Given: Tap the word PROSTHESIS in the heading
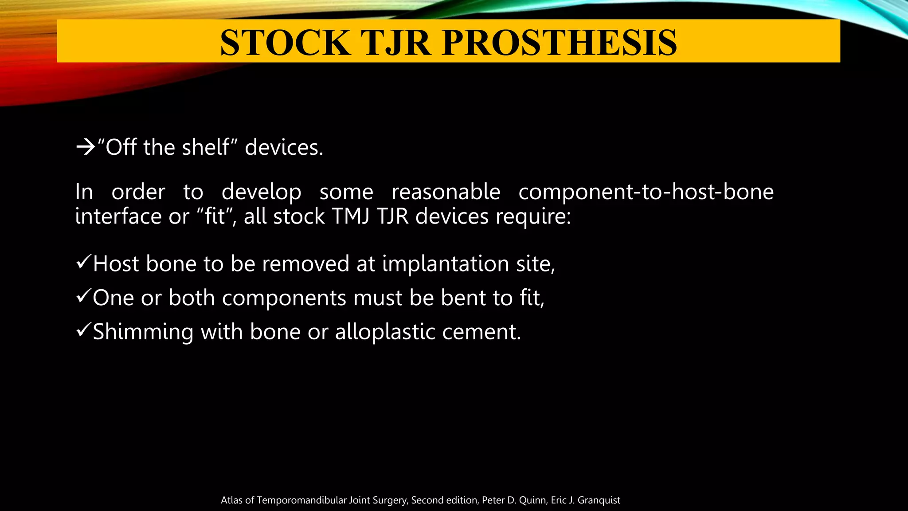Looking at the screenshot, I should (x=559, y=43).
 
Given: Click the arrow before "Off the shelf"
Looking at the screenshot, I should (x=86, y=147).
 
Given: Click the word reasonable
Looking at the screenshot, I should (x=446, y=192).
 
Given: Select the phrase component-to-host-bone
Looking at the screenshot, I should (x=646, y=192).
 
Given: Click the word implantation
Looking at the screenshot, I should (x=446, y=264).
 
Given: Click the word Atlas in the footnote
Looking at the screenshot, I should (x=231, y=500).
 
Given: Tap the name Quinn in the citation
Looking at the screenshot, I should (x=534, y=500).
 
